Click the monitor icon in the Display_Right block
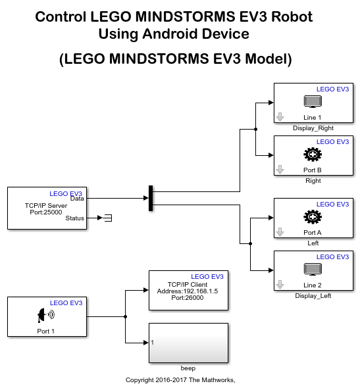[x=313, y=101]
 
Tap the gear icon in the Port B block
[x=313, y=155]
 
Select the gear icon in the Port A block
[x=313, y=217]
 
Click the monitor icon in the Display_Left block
[x=313, y=269]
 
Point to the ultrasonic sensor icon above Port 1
[x=46, y=315]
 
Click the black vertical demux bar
[x=151, y=198]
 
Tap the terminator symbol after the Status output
[x=108, y=218]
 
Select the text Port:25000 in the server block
[x=46, y=212]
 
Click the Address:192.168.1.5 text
[x=188, y=291]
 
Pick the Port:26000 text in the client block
[x=188, y=298]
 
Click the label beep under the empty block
[x=188, y=368]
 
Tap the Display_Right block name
[x=313, y=128]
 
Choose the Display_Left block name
[x=313, y=296]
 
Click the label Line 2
[x=313, y=285]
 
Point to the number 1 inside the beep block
[x=152, y=343]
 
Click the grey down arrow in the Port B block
[x=280, y=170]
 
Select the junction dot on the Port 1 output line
[x=125, y=317]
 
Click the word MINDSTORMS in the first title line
[x=186, y=17]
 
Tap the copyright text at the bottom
[x=180, y=380]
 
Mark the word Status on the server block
[x=75, y=218]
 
